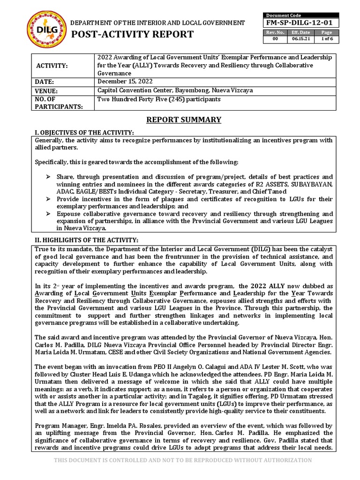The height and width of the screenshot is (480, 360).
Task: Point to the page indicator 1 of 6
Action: pyautogui.click(x=326, y=39)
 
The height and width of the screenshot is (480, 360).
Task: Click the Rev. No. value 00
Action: pyautogui.click(x=275, y=39)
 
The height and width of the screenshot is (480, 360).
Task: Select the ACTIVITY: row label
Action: pyautogui.click(x=52, y=66)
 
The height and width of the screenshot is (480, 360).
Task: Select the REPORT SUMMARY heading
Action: pyautogui.click(x=183, y=120)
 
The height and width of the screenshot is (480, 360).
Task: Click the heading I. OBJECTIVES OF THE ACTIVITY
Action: pyautogui.click(x=84, y=133)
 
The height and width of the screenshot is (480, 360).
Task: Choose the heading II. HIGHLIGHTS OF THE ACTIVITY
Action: pyautogui.click(x=86, y=240)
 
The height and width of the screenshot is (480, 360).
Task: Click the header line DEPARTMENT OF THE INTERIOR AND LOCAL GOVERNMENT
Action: pyautogui.click(x=157, y=22)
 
